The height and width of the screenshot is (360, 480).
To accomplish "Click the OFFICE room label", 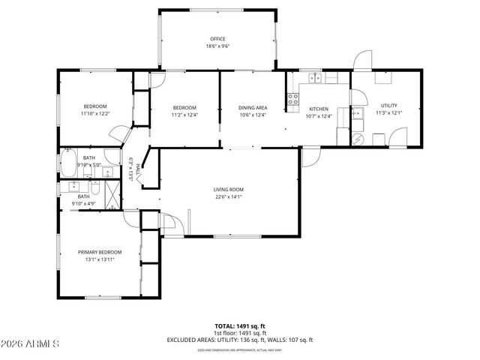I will [217, 39].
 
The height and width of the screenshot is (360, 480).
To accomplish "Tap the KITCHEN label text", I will [319, 109].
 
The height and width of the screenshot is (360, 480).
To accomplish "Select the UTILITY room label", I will [388, 106].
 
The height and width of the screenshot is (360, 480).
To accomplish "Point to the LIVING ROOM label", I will [228, 189].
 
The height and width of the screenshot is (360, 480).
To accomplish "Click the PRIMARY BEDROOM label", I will [100, 252].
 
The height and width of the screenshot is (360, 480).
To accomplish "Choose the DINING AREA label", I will [253, 108].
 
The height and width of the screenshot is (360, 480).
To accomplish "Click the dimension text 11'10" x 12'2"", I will [95, 113].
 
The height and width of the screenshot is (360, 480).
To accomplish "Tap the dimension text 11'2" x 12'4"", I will [184, 115].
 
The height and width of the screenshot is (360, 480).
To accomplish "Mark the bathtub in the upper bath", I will [68, 161].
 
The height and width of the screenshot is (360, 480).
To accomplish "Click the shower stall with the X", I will [112, 195].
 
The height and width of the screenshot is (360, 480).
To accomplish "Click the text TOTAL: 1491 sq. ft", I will [240, 326].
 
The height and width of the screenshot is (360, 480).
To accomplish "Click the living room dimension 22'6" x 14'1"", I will [228, 197].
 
